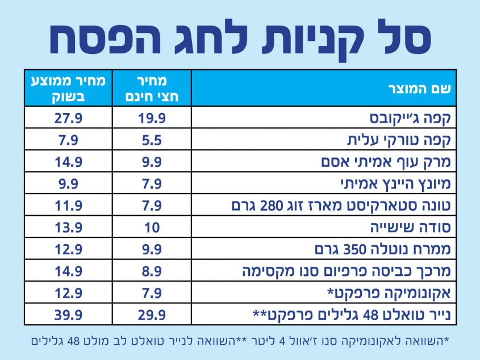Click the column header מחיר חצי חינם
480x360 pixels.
(152, 88)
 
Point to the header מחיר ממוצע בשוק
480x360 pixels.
(68, 88)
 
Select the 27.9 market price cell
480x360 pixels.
(68, 118)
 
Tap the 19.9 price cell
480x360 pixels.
(152, 118)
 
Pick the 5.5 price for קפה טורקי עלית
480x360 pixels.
(152, 140)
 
